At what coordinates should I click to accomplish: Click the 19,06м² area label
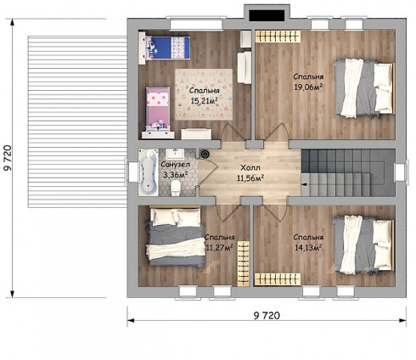[x=308, y=87]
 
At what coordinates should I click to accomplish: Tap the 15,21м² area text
[x=205, y=101]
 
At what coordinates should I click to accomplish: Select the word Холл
[x=250, y=168]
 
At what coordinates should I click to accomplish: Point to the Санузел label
[x=176, y=165]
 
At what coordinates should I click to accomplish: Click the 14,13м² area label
[x=308, y=248]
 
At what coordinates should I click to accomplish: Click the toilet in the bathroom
[x=176, y=188]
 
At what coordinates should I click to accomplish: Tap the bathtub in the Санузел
[x=149, y=172]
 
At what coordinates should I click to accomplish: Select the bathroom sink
[x=175, y=154]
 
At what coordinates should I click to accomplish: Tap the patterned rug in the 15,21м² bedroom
[x=204, y=94]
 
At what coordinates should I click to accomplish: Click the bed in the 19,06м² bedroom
[x=364, y=87]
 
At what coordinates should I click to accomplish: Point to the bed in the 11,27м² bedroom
[x=176, y=237]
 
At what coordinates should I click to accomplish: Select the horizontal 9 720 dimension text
[x=267, y=315]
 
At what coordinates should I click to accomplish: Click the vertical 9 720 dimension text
[x=8, y=158]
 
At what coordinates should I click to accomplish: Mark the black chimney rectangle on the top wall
[x=267, y=15]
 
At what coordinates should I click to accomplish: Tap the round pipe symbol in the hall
[x=205, y=155]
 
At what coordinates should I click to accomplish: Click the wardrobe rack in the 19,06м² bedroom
[x=278, y=37]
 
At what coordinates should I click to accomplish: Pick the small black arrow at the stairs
[x=304, y=184]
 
